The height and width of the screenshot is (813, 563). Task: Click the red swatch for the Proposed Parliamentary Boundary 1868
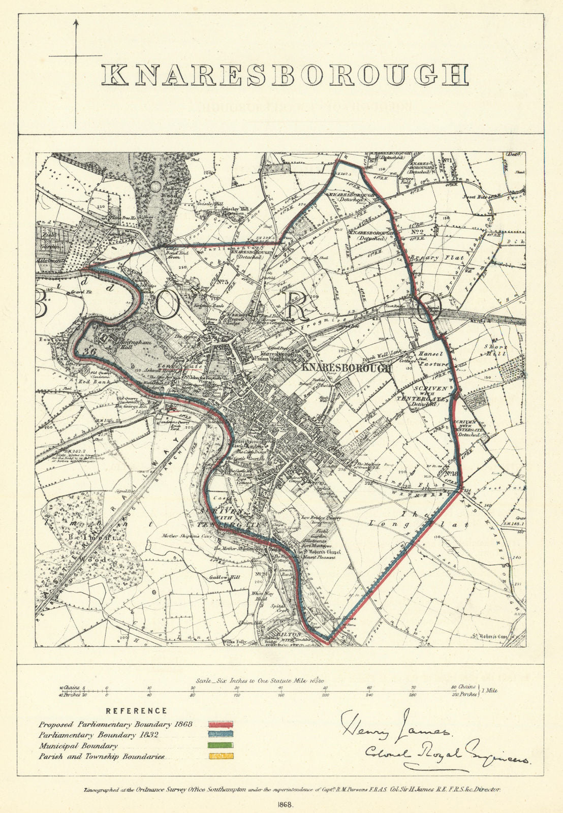coord(221,724)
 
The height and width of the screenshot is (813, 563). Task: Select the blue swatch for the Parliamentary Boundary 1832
coord(221,735)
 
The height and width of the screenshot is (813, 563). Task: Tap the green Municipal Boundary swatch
coord(221,746)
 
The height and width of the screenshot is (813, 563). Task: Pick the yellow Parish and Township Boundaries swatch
coord(221,757)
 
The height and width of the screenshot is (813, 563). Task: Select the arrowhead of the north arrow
coord(76,22)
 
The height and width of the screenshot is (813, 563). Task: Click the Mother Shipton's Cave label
coord(189,536)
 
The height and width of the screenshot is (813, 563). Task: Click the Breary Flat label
coord(431,258)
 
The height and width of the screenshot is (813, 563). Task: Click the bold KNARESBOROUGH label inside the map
coord(347,368)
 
